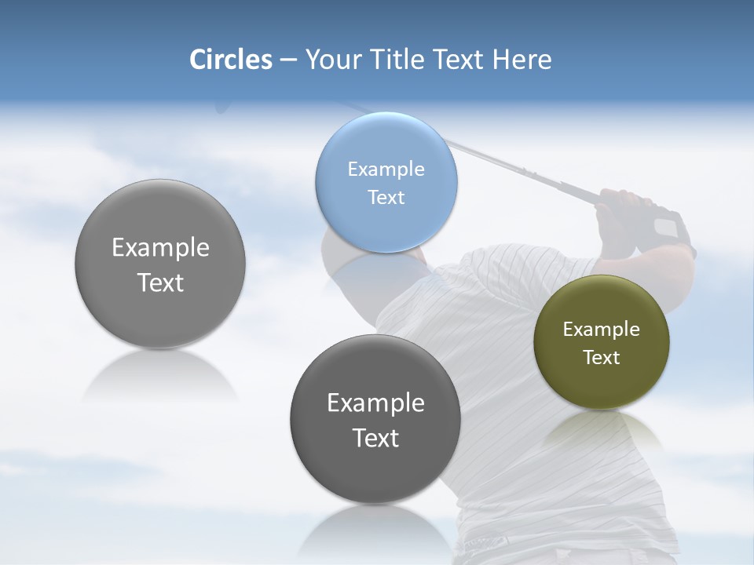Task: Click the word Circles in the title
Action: point(231,59)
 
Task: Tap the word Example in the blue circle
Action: point(386,169)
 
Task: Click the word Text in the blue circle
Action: point(386,197)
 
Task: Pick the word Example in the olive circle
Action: point(602,329)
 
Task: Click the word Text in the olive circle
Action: point(602,357)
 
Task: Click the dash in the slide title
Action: point(288,60)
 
